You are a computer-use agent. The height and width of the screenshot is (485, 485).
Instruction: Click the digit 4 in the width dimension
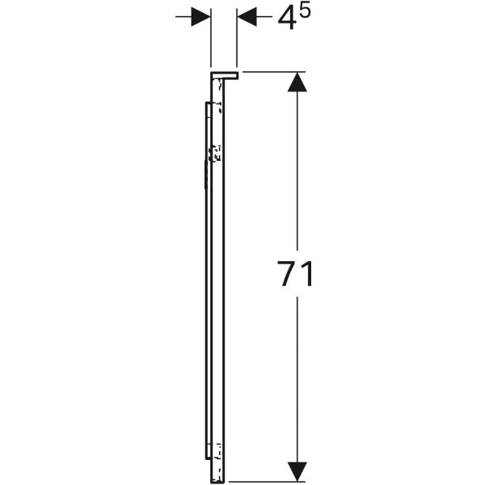[x=286, y=19]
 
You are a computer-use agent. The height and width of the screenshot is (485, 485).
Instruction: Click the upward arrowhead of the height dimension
[x=297, y=82]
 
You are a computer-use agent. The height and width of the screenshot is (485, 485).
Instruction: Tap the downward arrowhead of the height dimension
[x=297, y=472]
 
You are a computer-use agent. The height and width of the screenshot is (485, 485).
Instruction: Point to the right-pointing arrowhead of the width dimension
[x=200, y=16]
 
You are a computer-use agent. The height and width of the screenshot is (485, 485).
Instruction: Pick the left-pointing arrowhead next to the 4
[x=247, y=16]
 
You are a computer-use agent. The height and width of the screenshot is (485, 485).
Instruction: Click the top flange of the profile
[x=225, y=75]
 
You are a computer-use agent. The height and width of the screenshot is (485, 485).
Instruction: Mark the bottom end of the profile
[x=217, y=481]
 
